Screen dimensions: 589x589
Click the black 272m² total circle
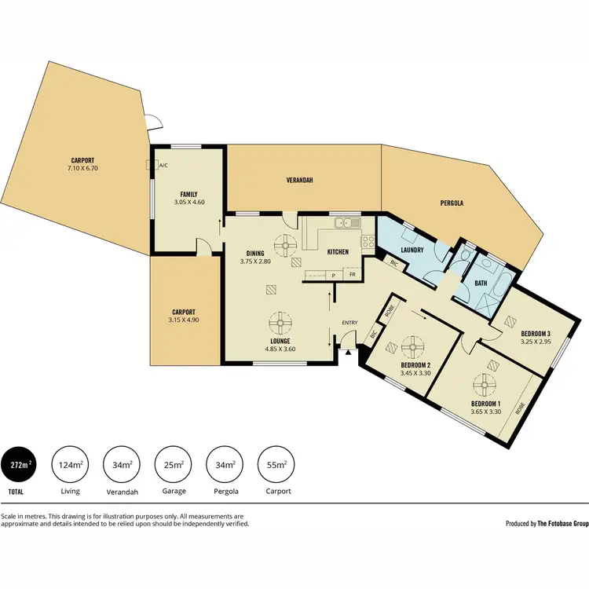click(x=20, y=465)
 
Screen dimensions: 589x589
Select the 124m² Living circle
click(x=71, y=465)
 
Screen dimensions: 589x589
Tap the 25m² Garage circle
click(x=174, y=465)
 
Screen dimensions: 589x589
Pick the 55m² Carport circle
click(x=278, y=465)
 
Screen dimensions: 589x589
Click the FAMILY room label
click(x=188, y=195)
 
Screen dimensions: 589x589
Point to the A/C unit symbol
click(x=150, y=166)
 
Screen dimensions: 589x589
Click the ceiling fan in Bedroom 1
click(x=485, y=385)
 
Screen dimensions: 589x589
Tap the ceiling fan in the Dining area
click(x=287, y=246)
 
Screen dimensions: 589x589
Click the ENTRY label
click(x=349, y=323)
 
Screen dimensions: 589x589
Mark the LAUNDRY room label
click(x=412, y=251)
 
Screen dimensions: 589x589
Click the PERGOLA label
click(x=451, y=203)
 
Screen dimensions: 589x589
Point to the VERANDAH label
click(x=299, y=180)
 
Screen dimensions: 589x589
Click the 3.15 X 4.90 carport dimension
click(x=184, y=320)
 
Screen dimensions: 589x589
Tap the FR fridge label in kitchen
click(x=353, y=276)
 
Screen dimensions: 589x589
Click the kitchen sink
click(x=344, y=225)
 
